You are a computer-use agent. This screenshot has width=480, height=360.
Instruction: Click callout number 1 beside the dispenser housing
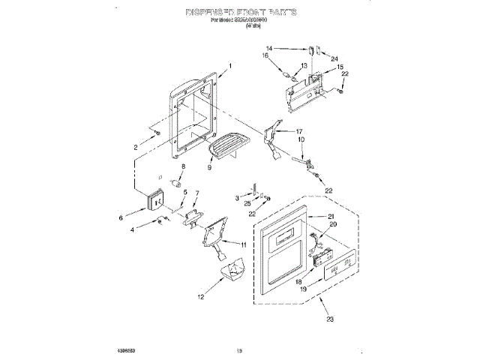229,66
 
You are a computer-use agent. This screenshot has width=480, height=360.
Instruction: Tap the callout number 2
136,148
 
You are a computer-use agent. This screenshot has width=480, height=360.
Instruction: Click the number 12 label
200,297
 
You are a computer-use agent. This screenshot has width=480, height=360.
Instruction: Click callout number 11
242,244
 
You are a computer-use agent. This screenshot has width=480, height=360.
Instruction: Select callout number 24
334,58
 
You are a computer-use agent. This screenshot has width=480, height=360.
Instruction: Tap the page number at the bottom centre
241,349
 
